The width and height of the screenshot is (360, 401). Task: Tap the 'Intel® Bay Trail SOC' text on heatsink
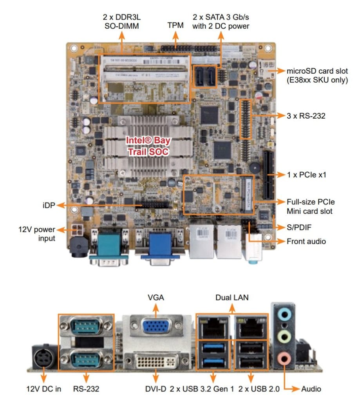coord(148,146)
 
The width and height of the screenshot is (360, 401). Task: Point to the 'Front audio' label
coord(306,241)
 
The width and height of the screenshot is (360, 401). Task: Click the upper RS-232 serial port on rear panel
coord(86,326)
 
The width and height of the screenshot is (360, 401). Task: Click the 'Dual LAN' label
coord(232,298)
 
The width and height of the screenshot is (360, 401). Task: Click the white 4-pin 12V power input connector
coord(77,230)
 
